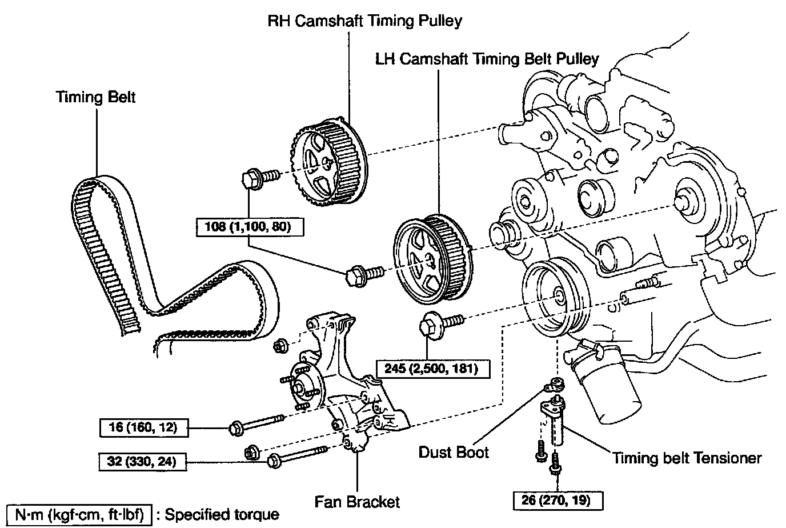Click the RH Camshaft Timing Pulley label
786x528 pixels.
point(365,21)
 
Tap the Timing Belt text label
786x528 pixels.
point(95,97)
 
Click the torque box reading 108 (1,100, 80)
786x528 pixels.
point(248,227)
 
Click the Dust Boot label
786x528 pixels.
point(454,452)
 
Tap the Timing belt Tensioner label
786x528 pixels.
point(687,458)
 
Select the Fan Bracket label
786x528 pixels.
point(357,502)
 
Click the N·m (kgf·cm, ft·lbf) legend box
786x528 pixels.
point(79,514)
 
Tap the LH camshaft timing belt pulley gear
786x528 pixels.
point(430,258)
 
